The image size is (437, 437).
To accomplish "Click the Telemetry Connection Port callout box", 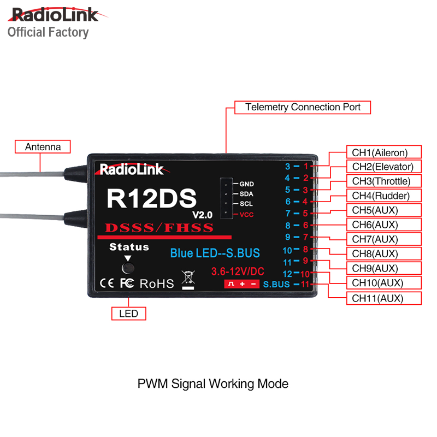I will coord(303,107).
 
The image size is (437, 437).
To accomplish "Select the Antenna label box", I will coord(43,147).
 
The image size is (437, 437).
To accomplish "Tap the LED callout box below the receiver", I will coord(128,314).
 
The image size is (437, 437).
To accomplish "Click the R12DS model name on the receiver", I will coord(151,198).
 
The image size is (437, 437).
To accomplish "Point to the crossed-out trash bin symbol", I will coord(187,279).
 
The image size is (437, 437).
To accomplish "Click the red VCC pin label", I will coord(246,215).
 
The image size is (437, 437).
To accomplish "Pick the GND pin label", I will coord(246,184).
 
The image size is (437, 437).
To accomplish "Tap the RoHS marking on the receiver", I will coord(157,284).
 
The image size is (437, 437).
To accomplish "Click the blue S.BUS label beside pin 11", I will coord(276,284).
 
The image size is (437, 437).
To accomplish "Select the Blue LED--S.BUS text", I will coord(215,253).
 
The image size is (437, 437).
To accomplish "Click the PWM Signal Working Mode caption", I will coord(212,383).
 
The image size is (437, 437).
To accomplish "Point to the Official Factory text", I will coord(48,32).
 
